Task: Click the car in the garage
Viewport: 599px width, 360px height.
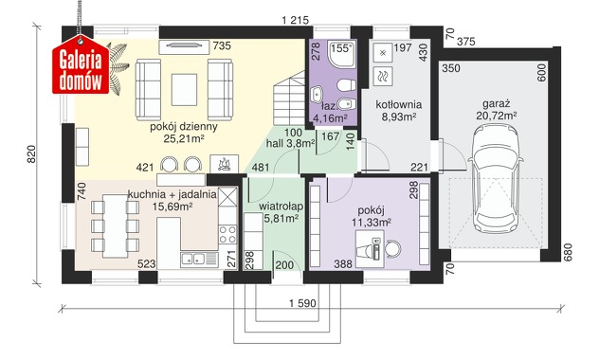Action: pyautogui.click(x=496, y=178)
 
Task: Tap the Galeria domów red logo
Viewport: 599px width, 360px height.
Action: pyautogui.click(x=81, y=65)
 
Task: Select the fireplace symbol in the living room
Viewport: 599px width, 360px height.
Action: pyautogui.click(x=225, y=164)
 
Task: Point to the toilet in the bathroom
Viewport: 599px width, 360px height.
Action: pyautogui.click(x=347, y=84)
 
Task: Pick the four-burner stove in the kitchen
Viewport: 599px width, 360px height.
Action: pyautogui.click(x=227, y=234)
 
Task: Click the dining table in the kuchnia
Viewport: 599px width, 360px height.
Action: pyautogui.click(x=115, y=225)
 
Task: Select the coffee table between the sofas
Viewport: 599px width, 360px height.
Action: pyautogui.click(x=184, y=90)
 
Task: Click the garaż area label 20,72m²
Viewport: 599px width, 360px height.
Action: pyautogui.click(x=497, y=116)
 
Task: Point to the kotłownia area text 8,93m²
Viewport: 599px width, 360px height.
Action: pyautogui.click(x=399, y=117)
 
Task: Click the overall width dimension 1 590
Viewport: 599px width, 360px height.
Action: pyautogui.click(x=302, y=303)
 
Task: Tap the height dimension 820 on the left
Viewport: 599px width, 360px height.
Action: pyautogui.click(x=31, y=154)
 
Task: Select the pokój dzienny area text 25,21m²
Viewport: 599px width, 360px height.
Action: pyautogui.click(x=184, y=138)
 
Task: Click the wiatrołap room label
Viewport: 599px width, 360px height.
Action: pyautogui.click(x=281, y=207)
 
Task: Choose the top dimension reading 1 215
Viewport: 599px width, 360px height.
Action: pyautogui.click(x=296, y=20)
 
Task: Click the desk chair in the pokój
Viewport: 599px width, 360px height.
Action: pyautogui.click(x=392, y=249)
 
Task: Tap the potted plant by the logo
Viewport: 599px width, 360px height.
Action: pyautogui.click(x=117, y=67)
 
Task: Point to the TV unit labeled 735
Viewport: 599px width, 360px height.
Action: pyautogui.click(x=184, y=46)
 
